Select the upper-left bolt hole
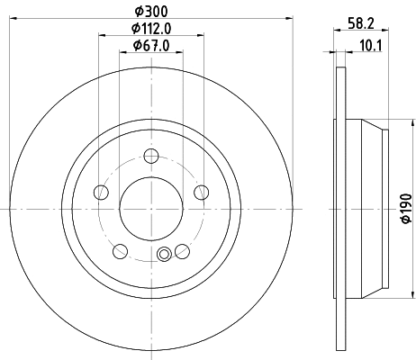(101, 193)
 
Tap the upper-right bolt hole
(202, 193)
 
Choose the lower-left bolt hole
(121, 251)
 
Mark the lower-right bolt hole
(182, 251)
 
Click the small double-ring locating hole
(164, 254)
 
